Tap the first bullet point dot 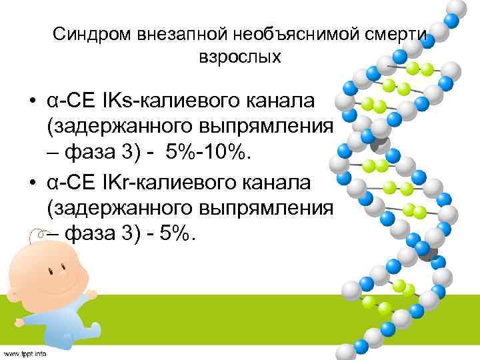point(33,101)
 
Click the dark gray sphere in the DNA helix point(379,143)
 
